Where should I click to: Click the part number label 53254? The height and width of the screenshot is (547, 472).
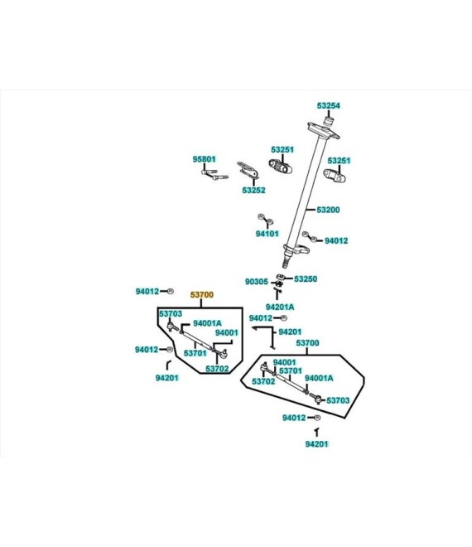pyautogui.click(x=329, y=105)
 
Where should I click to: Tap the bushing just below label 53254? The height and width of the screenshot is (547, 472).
pyautogui.click(x=329, y=122)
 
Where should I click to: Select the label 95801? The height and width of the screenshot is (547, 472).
pyautogui.click(x=205, y=159)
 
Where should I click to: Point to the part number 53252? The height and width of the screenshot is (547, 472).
pyautogui.click(x=253, y=190)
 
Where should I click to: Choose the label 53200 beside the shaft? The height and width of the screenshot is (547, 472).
pyautogui.click(x=328, y=210)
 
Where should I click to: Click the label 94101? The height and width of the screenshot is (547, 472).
pyautogui.click(x=267, y=234)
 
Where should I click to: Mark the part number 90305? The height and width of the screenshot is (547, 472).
pyautogui.click(x=257, y=282)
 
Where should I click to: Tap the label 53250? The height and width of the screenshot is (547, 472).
pyautogui.click(x=306, y=278)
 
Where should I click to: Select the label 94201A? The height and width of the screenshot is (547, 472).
pyautogui.click(x=280, y=307)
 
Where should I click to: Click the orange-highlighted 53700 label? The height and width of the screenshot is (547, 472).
pyautogui.click(x=202, y=295)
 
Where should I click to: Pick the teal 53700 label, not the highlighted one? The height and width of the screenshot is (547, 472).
pyautogui.click(x=307, y=343)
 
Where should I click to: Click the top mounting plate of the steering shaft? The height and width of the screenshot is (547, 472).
pyautogui.click(x=324, y=130)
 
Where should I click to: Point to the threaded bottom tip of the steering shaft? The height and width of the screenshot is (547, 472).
pyautogui.click(x=285, y=262)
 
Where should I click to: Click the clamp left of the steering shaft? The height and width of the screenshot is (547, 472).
pyautogui.click(x=281, y=167)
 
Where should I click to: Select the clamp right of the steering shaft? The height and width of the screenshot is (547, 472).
pyautogui.click(x=335, y=176)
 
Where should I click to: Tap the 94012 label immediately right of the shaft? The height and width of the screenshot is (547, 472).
pyautogui.click(x=336, y=240)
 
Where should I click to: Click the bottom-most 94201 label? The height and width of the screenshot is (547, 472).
pyautogui.click(x=317, y=444)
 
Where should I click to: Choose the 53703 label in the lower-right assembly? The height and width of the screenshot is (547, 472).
pyautogui.click(x=338, y=400)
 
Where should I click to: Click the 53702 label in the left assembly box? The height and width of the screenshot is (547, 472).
pyautogui.click(x=217, y=369)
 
